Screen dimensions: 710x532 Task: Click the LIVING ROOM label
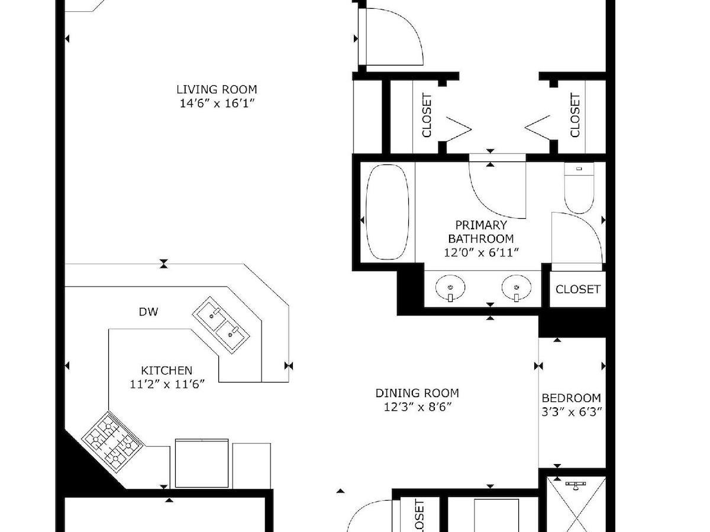(217, 89)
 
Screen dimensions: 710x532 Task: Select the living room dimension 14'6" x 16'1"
(217, 103)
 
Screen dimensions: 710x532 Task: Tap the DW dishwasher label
(149, 312)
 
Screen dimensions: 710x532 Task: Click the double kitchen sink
(221, 325)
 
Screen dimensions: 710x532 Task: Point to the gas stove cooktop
(112, 443)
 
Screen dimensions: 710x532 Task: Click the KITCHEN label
(167, 370)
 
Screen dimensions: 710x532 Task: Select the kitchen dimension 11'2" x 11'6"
(167, 384)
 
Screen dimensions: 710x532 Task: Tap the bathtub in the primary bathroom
(387, 212)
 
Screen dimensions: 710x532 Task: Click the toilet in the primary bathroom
(579, 188)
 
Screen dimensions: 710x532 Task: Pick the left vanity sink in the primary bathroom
(450, 287)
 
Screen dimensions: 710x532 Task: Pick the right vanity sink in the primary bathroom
(517, 287)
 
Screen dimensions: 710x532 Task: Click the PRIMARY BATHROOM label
(481, 232)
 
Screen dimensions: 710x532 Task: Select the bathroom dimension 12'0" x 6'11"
(481, 252)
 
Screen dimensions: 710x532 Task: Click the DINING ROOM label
(417, 392)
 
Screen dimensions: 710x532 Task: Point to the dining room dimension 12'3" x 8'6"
(417, 407)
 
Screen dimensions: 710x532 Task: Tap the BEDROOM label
(571, 398)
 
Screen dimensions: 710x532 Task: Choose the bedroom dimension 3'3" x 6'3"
(572, 412)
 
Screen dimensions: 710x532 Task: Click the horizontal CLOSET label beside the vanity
(577, 289)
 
